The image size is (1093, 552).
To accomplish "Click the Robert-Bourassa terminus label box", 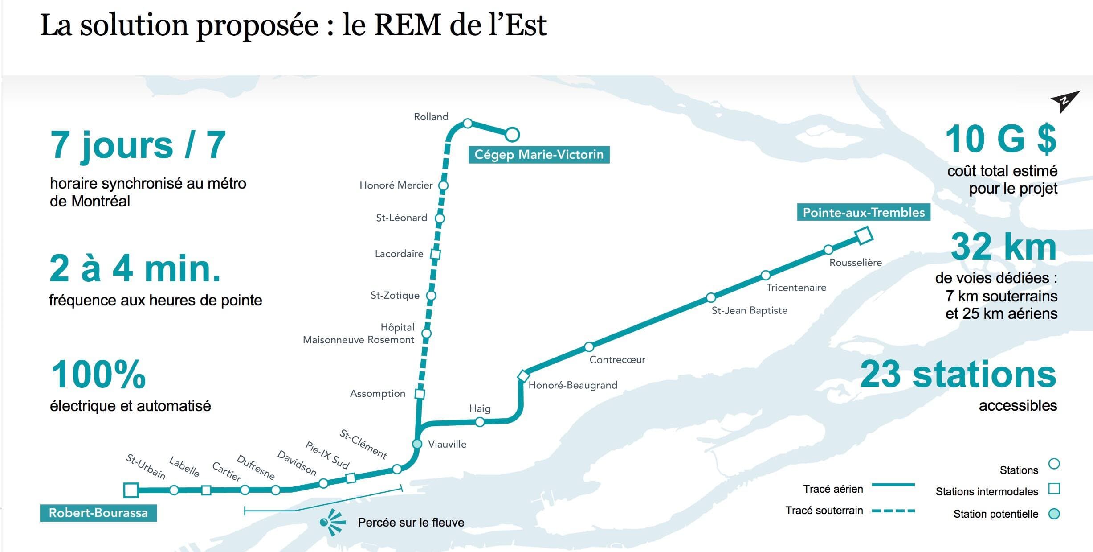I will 98,513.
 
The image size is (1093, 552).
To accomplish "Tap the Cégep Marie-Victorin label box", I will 539,155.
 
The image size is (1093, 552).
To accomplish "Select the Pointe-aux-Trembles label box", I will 864,212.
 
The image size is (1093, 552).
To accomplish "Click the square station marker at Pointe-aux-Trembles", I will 864,235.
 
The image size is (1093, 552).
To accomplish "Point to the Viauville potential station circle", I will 417,444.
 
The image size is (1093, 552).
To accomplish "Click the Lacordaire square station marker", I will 436,254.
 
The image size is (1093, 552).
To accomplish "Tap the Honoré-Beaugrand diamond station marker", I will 523,376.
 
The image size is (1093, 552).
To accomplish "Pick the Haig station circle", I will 480,422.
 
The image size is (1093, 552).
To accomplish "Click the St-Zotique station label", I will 395,295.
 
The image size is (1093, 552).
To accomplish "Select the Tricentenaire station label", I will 796,288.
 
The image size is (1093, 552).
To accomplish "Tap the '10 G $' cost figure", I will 1000,139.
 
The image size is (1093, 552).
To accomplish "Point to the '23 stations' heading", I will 958,374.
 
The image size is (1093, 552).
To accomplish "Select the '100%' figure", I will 98,374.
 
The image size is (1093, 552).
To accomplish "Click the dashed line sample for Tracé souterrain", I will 893,511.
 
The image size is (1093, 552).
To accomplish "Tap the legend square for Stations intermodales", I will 1054,489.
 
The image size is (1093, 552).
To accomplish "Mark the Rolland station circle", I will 468,123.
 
